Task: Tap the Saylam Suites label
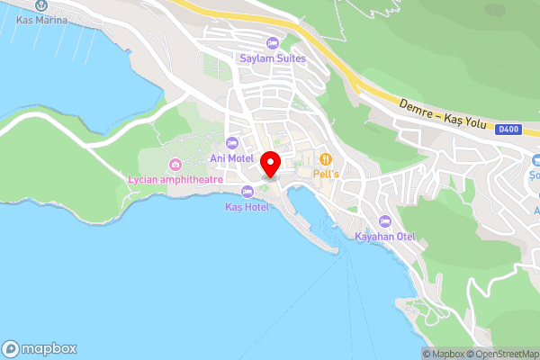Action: (x=273, y=58)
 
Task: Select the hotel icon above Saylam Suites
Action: (x=273, y=43)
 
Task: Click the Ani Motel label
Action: (x=231, y=158)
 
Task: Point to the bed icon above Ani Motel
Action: (x=232, y=143)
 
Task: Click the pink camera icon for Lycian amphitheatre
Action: (x=175, y=165)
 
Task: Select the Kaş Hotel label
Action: (x=247, y=207)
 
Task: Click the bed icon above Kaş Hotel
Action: (x=247, y=191)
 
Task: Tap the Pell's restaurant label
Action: (x=325, y=174)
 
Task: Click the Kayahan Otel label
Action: (x=384, y=237)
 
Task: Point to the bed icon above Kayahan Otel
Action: (x=385, y=221)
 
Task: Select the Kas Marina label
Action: (x=41, y=19)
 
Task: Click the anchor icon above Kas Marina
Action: (x=41, y=5)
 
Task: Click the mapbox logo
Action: (x=40, y=348)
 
